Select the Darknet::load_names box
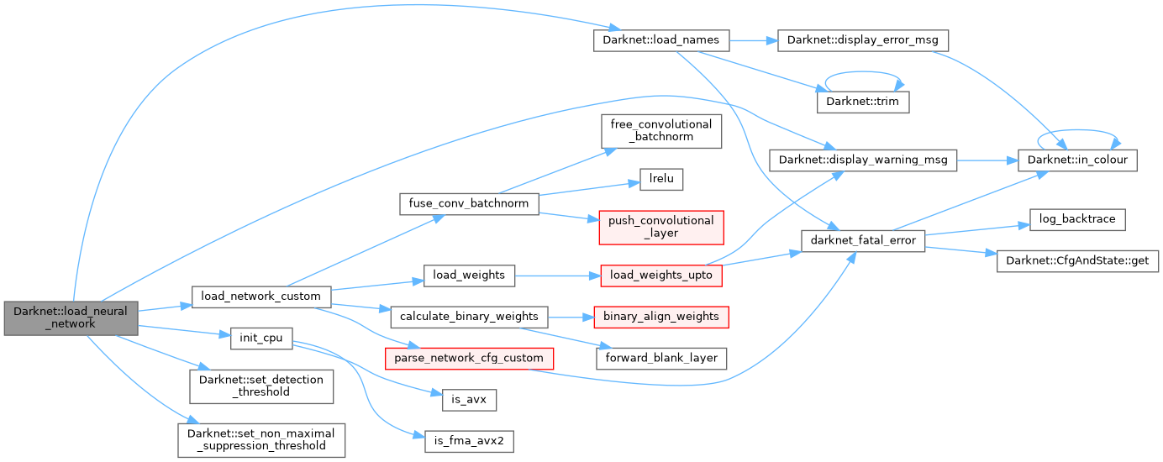pyautogui.click(x=661, y=39)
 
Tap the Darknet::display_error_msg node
pyautogui.click(x=863, y=39)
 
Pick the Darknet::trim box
pyautogui.click(x=863, y=101)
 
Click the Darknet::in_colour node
pyautogui.click(x=1077, y=160)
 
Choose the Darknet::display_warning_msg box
pyautogui.click(x=863, y=160)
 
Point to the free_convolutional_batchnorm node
pyautogui.click(x=661, y=130)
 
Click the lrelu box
pyautogui.click(x=661, y=179)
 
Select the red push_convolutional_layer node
pyautogui.click(x=661, y=227)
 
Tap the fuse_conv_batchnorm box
pyautogui.click(x=469, y=203)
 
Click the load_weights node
pyautogui.click(x=469, y=274)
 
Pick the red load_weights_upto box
pyautogui.click(x=661, y=274)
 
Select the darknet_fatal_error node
pyautogui.click(x=863, y=240)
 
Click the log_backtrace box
pyautogui.click(x=1077, y=218)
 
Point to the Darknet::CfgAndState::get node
pyautogui.click(x=1077, y=261)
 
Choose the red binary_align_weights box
pyautogui.click(x=661, y=317)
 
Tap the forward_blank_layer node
pyautogui.click(x=661, y=358)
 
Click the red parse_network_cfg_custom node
pyautogui.click(x=469, y=358)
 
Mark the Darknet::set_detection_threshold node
pyautogui.click(x=261, y=386)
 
